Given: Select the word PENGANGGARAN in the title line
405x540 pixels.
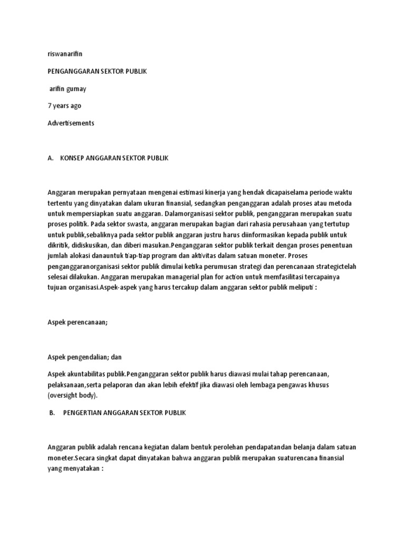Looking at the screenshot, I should [71, 71].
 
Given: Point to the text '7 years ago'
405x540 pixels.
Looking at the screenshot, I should [64, 106].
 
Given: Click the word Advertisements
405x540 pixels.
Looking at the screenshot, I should [71, 123].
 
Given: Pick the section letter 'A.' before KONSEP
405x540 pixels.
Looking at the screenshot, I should [51, 158].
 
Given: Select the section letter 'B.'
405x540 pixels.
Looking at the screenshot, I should [52, 413].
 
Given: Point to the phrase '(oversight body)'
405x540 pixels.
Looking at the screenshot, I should [72, 395].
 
